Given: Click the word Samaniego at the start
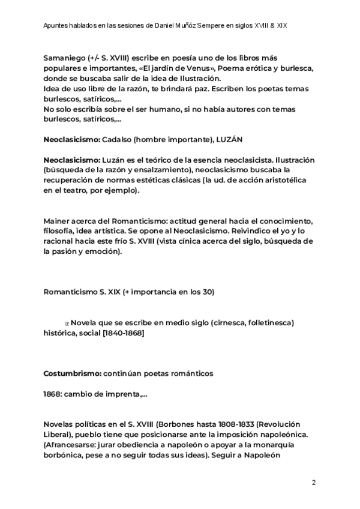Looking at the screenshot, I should tap(64, 58).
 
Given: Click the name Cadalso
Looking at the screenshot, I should tap(119, 139).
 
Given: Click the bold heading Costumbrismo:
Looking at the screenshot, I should tap(72, 373).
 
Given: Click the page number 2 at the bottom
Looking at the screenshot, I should tap(313, 483).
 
